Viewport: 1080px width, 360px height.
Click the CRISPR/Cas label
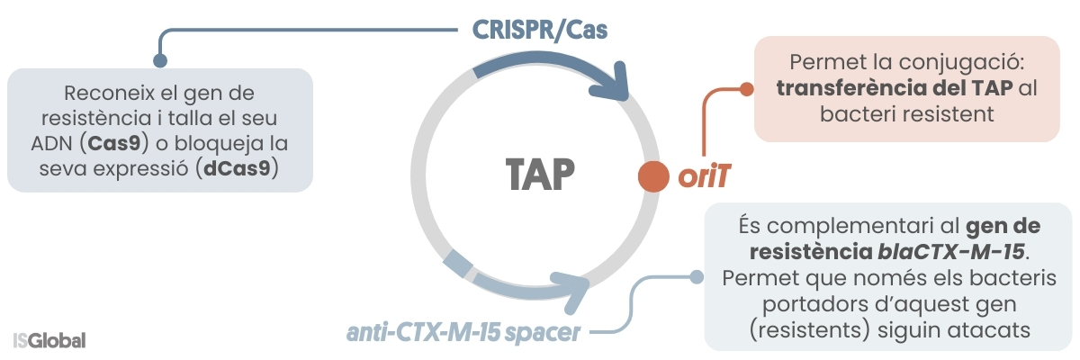pyautogui.click(x=540, y=29)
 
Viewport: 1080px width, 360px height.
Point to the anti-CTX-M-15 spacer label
pyautogui.click(x=463, y=332)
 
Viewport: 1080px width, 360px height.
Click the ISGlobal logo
pyautogui.click(x=50, y=341)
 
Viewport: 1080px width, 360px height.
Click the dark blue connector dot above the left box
pyautogui.click(x=160, y=60)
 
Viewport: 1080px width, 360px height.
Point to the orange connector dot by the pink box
pyautogui.click(x=745, y=89)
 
